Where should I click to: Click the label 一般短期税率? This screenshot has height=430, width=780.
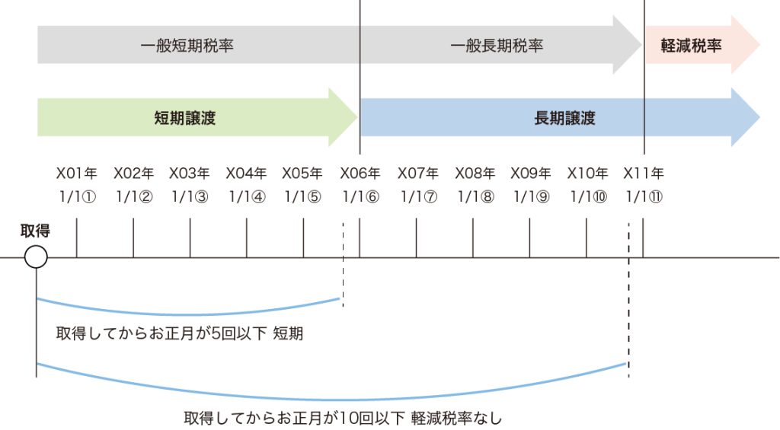pyautogui.click(x=187, y=46)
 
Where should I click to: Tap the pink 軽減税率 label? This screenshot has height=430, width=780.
pyautogui.click(x=691, y=46)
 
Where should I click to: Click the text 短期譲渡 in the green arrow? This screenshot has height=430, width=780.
pyautogui.click(x=185, y=118)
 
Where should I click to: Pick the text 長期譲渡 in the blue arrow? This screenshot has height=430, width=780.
pyautogui.click(x=564, y=118)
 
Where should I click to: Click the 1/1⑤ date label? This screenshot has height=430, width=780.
pyautogui.click(x=303, y=196)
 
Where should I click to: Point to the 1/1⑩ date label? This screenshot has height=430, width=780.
pyautogui.click(x=587, y=196)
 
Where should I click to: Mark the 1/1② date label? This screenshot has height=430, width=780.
pyautogui.click(x=133, y=196)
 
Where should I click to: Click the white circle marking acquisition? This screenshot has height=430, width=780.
pyautogui.click(x=36, y=257)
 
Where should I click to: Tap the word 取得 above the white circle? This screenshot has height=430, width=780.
pyautogui.click(x=35, y=231)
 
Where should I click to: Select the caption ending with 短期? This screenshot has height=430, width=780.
pyautogui.click(x=180, y=333)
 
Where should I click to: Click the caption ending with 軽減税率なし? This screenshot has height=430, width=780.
pyautogui.click(x=344, y=418)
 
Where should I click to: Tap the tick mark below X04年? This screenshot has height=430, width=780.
pyautogui.click(x=247, y=238)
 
